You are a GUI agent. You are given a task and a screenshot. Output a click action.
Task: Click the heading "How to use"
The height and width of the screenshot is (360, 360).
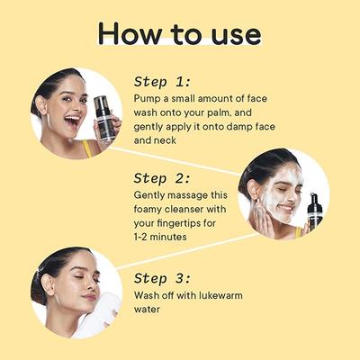[180, 33]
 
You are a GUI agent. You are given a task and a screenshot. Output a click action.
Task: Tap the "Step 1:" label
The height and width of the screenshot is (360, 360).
[164, 80]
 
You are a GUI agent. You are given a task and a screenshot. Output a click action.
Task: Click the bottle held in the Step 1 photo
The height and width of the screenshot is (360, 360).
[104, 117]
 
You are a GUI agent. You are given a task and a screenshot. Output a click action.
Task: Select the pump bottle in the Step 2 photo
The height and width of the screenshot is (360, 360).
[315, 214]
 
